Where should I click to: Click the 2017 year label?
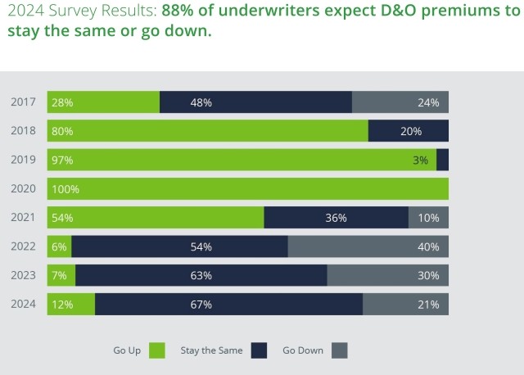pyautogui.click(x=22, y=102)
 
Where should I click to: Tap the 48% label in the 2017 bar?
pyautogui.click(x=201, y=102)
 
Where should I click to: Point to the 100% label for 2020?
pyautogui.click(x=65, y=189)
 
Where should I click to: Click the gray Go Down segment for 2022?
pyautogui.click(x=368, y=246)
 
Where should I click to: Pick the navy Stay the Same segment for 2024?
pyautogui.click(x=229, y=305)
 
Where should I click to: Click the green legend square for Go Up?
pyautogui.click(x=157, y=350)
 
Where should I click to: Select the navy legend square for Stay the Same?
pyautogui.click(x=260, y=350)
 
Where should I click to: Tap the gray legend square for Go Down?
pyautogui.click(x=340, y=350)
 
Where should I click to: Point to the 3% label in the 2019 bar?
pyautogui.click(x=420, y=160)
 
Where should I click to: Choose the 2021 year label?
pyautogui.click(x=22, y=218)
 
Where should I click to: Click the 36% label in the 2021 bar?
pyautogui.click(x=336, y=218)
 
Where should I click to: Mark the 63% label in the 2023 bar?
pyautogui.click(x=201, y=276)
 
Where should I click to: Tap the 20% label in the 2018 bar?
pyautogui.click(x=411, y=131)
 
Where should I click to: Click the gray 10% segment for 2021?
pyautogui.click(x=428, y=218)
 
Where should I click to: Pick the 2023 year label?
pyautogui.click(x=22, y=276)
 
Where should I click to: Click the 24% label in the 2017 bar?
pyautogui.click(x=428, y=102)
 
